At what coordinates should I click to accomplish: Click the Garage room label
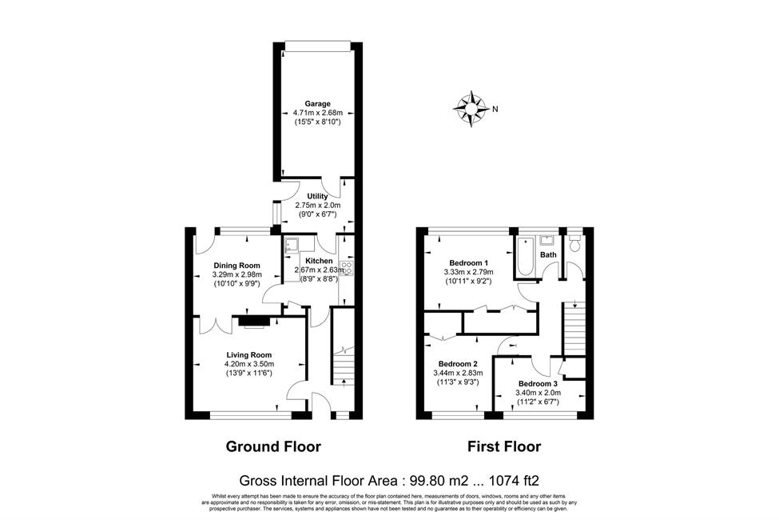(317, 104)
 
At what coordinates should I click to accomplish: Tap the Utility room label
(317, 197)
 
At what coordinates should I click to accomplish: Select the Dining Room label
(237, 266)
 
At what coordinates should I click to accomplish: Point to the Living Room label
(249, 354)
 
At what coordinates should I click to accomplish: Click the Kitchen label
(319, 262)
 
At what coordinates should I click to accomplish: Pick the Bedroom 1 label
(468, 263)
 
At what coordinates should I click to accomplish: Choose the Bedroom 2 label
(458, 364)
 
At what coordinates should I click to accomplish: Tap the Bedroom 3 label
(538, 384)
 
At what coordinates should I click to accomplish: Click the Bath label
(548, 254)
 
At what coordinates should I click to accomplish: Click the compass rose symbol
(470, 109)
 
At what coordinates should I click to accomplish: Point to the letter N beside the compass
(495, 110)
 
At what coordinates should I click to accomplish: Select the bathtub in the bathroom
(526, 256)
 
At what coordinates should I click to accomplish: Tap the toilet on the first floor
(574, 244)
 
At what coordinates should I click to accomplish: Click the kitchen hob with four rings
(346, 268)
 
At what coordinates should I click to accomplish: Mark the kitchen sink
(291, 247)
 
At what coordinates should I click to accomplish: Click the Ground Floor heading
(273, 447)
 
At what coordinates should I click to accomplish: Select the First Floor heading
(504, 447)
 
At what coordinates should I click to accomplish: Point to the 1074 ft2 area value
(515, 481)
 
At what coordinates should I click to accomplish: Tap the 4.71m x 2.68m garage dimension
(317, 113)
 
